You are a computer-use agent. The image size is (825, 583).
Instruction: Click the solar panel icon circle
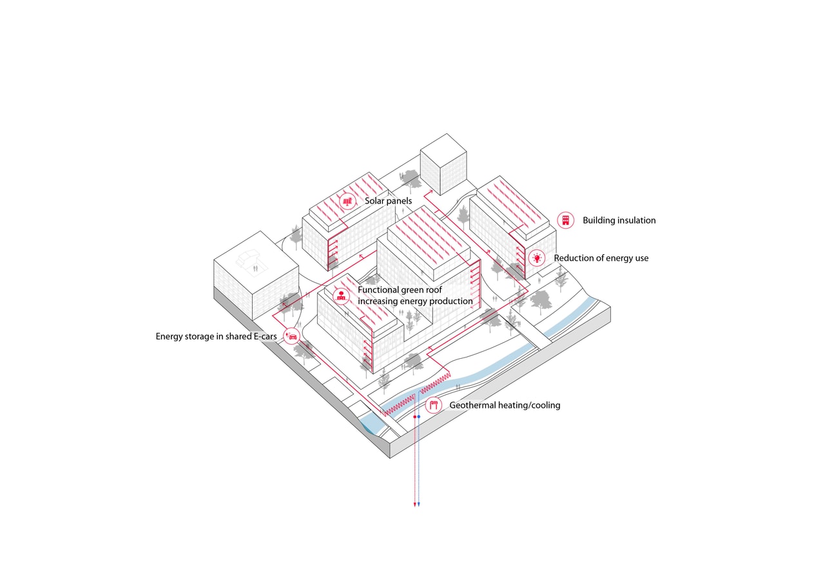click(347, 201)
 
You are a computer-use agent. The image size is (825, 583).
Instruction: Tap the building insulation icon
click(565, 220)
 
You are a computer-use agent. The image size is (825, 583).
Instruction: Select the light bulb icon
click(536, 258)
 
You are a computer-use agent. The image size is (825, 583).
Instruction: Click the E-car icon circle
click(291, 336)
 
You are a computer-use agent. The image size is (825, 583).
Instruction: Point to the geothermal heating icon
click(434, 405)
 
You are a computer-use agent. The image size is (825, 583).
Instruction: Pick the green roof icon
click(342, 296)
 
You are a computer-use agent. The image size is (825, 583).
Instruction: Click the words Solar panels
click(388, 201)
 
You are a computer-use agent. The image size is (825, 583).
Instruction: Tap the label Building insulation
click(619, 220)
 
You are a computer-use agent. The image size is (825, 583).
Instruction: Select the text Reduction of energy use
click(601, 258)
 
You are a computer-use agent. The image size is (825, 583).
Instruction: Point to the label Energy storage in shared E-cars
click(216, 336)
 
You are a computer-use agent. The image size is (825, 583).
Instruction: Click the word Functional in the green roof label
click(379, 290)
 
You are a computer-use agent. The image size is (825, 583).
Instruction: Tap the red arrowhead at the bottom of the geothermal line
click(414, 504)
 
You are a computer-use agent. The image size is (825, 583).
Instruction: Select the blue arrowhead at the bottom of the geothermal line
click(419, 504)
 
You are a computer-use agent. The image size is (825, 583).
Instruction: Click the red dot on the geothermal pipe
click(414, 417)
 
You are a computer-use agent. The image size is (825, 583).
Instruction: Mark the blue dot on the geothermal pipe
click(419, 417)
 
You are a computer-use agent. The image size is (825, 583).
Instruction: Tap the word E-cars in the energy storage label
click(264, 336)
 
